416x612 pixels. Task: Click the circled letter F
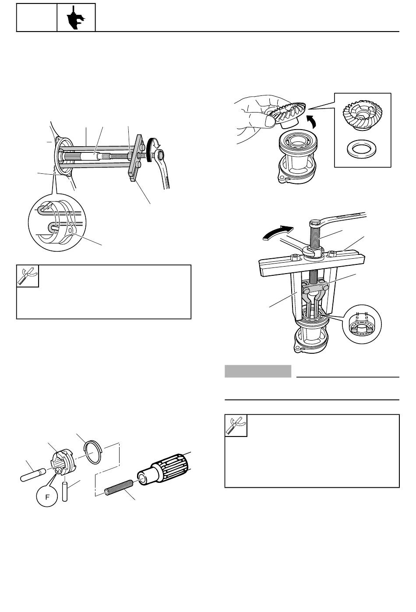[47, 496]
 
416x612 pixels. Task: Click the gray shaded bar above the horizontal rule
[258, 371]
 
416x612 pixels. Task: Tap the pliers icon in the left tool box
[28, 276]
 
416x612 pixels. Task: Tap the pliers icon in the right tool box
[236, 426]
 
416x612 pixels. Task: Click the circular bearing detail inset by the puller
[362, 324]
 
